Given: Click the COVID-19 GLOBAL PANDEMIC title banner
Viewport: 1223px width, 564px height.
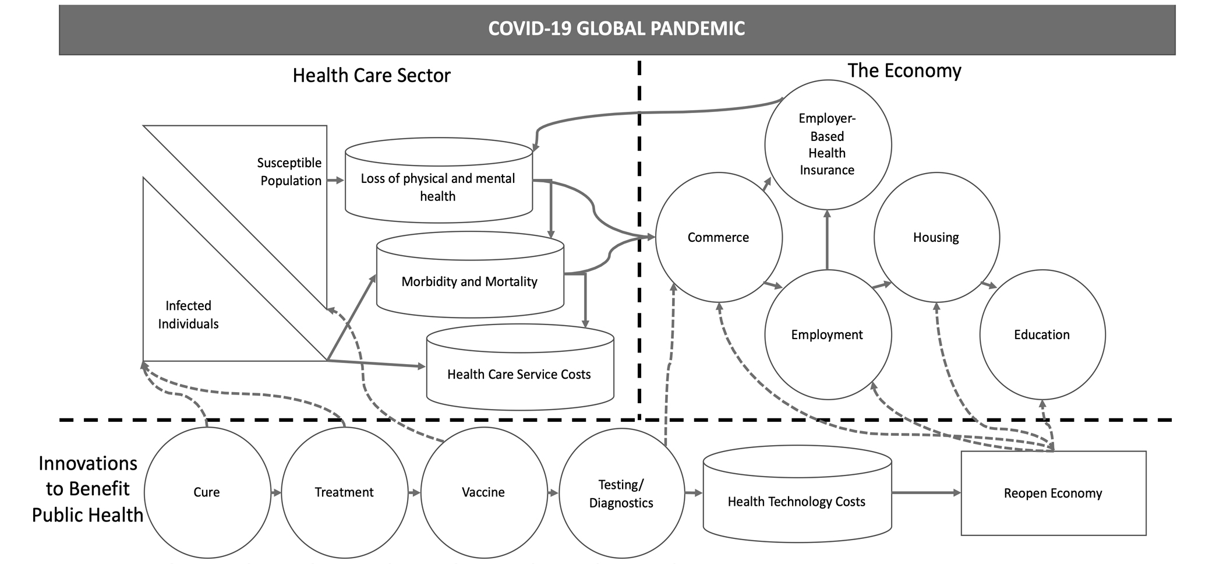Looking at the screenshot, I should [x=616, y=29].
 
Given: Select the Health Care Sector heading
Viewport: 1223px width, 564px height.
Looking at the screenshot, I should [x=371, y=76].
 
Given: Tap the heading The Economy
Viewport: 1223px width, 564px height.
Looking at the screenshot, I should [x=904, y=70].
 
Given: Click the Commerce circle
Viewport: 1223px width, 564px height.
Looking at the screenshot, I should [x=718, y=237].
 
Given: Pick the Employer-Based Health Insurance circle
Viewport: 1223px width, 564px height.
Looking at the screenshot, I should [x=827, y=144].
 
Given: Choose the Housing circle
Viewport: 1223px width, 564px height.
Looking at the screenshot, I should [x=936, y=237].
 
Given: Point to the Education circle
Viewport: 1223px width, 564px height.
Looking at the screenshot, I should [x=1042, y=334].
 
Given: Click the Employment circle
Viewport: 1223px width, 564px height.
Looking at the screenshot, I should [x=827, y=334].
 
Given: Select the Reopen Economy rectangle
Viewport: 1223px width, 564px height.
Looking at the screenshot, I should [x=1053, y=493].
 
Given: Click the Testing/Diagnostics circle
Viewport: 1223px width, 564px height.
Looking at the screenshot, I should [x=621, y=493].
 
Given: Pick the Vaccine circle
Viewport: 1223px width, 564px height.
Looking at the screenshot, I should [x=483, y=492].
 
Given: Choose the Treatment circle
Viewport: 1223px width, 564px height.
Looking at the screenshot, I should [x=344, y=492].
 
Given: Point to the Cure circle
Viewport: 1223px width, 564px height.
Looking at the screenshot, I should [x=207, y=492].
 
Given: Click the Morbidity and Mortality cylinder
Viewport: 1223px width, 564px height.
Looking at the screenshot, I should [x=469, y=281].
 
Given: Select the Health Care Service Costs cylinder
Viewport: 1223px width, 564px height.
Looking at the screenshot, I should [x=519, y=374].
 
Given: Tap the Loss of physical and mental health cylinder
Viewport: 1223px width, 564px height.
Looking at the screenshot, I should [x=438, y=186].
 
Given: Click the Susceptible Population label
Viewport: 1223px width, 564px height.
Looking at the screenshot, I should [x=290, y=172].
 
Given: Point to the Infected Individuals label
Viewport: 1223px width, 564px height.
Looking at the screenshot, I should [x=188, y=315].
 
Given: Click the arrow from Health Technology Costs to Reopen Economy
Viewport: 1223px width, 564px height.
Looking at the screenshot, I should [x=926, y=493].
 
